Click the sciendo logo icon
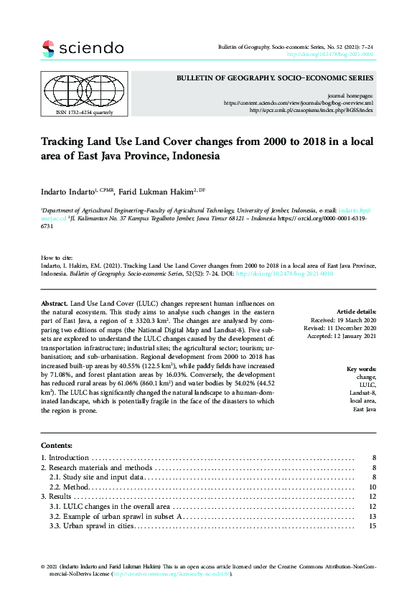coord(48,49)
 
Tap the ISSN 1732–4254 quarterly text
coord(74,113)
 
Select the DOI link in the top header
coord(329,55)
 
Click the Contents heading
coord(57,446)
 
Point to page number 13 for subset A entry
coord(372,517)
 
